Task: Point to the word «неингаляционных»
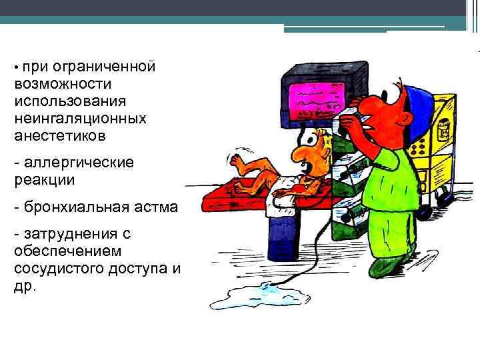coord(79,119)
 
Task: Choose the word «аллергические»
coord(79,163)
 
